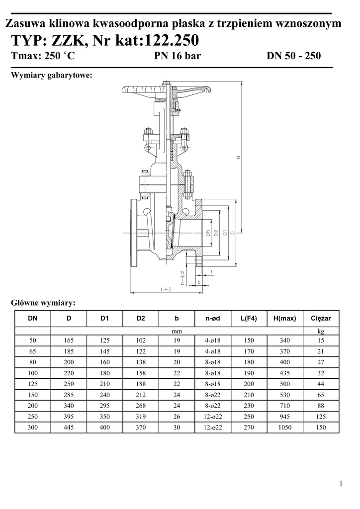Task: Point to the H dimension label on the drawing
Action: click(239, 157)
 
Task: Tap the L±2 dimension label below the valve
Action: click(166, 289)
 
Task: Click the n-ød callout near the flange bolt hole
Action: click(182, 278)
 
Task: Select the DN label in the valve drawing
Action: click(208, 233)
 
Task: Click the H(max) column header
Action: click(285, 319)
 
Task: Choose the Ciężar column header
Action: click(321, 319)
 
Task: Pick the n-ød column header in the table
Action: click(213, 319)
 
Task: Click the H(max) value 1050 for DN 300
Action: click(285, 427)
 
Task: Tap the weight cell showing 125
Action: click(321, 417)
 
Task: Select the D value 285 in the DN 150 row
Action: click(69, 395)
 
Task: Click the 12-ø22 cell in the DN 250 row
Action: click(213, 417)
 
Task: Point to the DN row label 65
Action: click(32, 351)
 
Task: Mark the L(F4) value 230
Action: click(249, 406)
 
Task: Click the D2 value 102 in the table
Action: click(141, 340)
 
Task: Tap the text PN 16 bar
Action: click(177, 56)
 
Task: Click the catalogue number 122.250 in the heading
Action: click(171, 41)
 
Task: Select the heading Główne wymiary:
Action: click(43, 303)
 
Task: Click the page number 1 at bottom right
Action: click(341, 483)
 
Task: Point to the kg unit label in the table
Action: click(321, 331)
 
